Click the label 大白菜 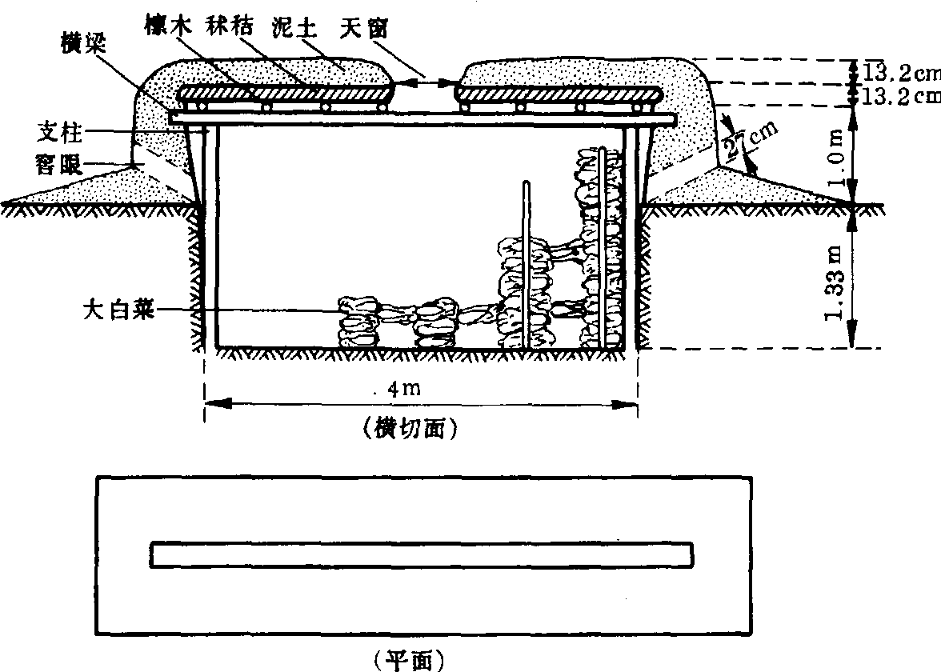[x=118, y=308]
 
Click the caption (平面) [x=409, y=659]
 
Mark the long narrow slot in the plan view [x=421, y=554]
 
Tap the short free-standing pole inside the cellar [x=526, y=264]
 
